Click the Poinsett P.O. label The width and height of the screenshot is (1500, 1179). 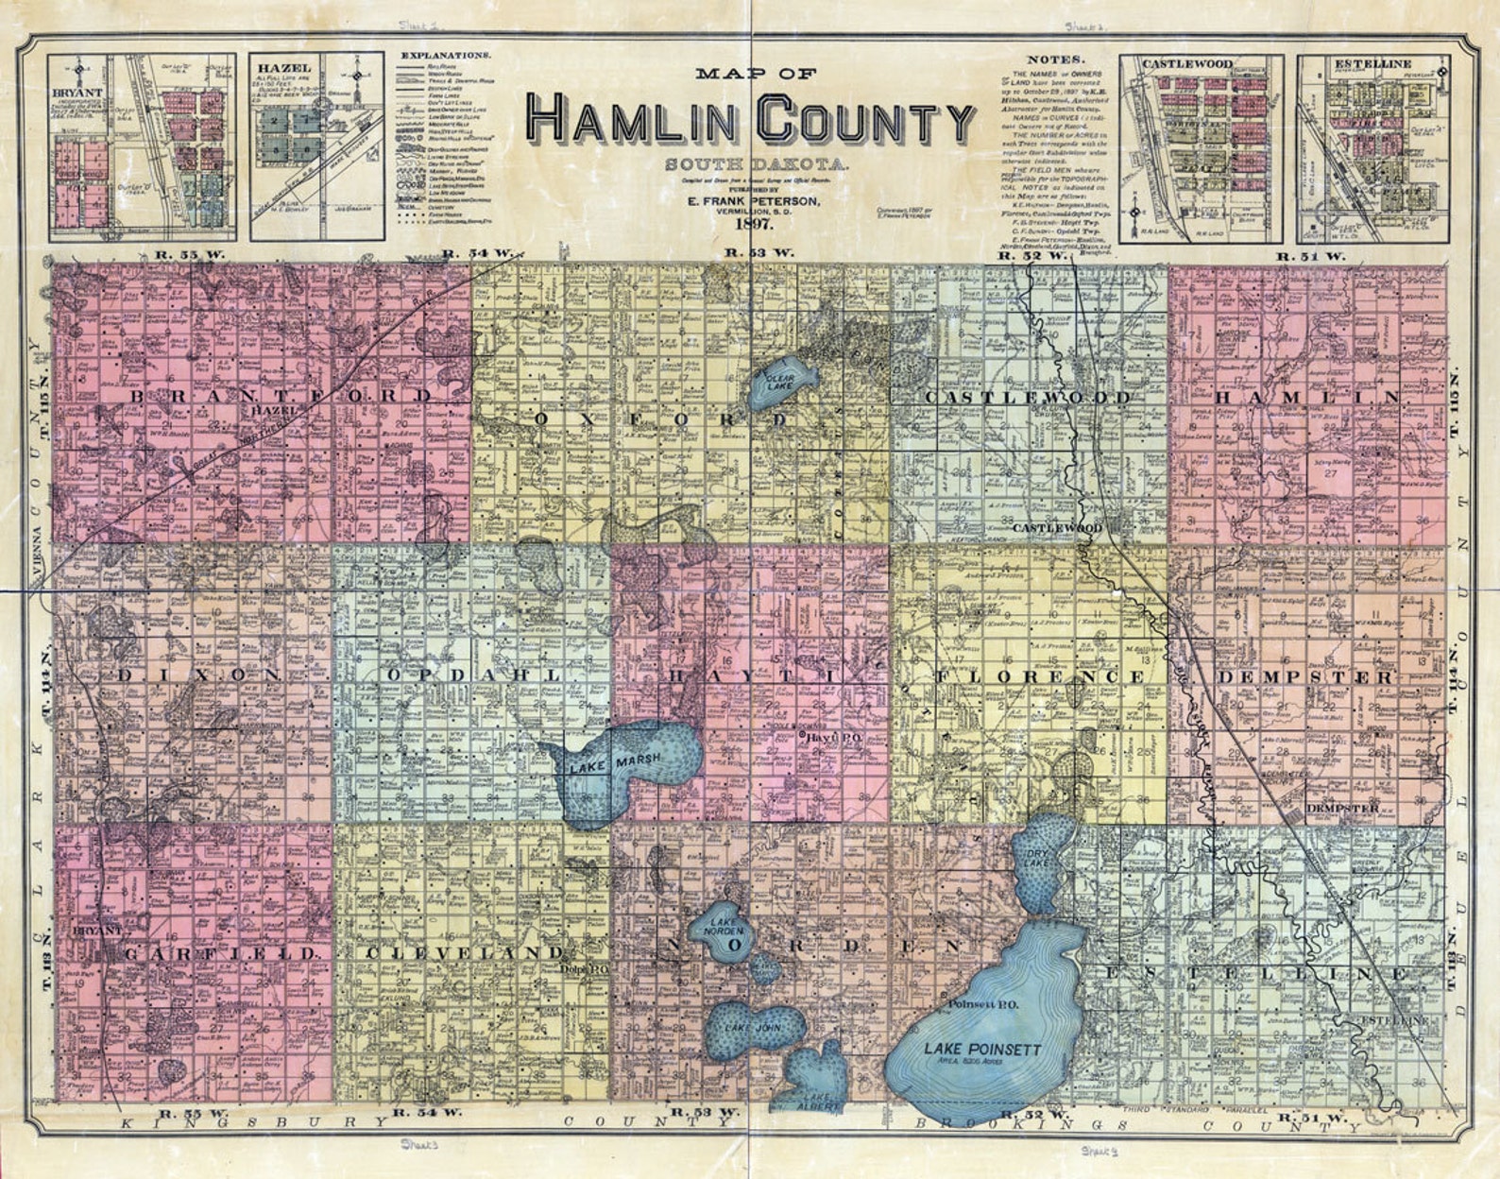tap(982, 1005)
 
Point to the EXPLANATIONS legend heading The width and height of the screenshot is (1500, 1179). tap(445, 56)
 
